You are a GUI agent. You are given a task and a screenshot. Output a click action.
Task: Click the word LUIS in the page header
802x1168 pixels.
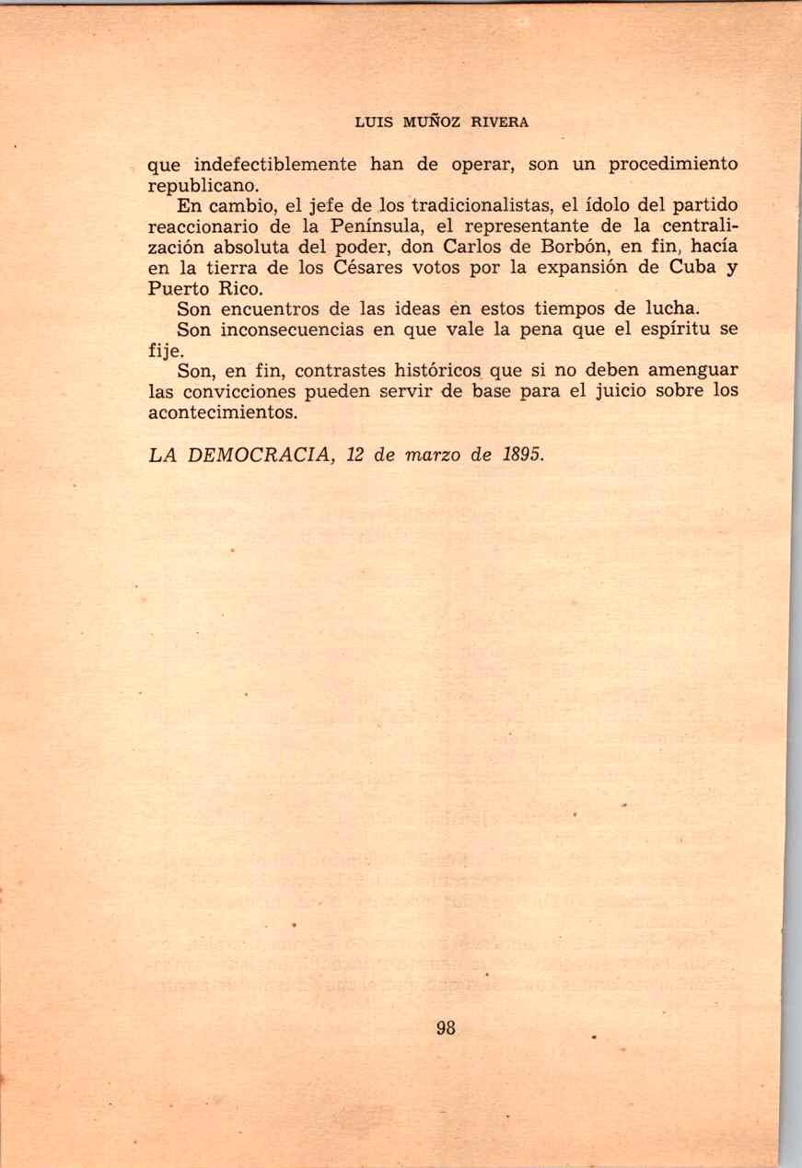(x=373, y=121)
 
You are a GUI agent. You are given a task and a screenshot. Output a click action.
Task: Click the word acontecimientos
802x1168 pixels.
(x=223, y=411)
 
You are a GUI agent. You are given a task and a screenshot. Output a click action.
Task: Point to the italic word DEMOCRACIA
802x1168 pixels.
(x=255, y=457)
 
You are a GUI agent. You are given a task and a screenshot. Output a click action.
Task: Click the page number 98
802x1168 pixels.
(x=446, y=1028)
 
